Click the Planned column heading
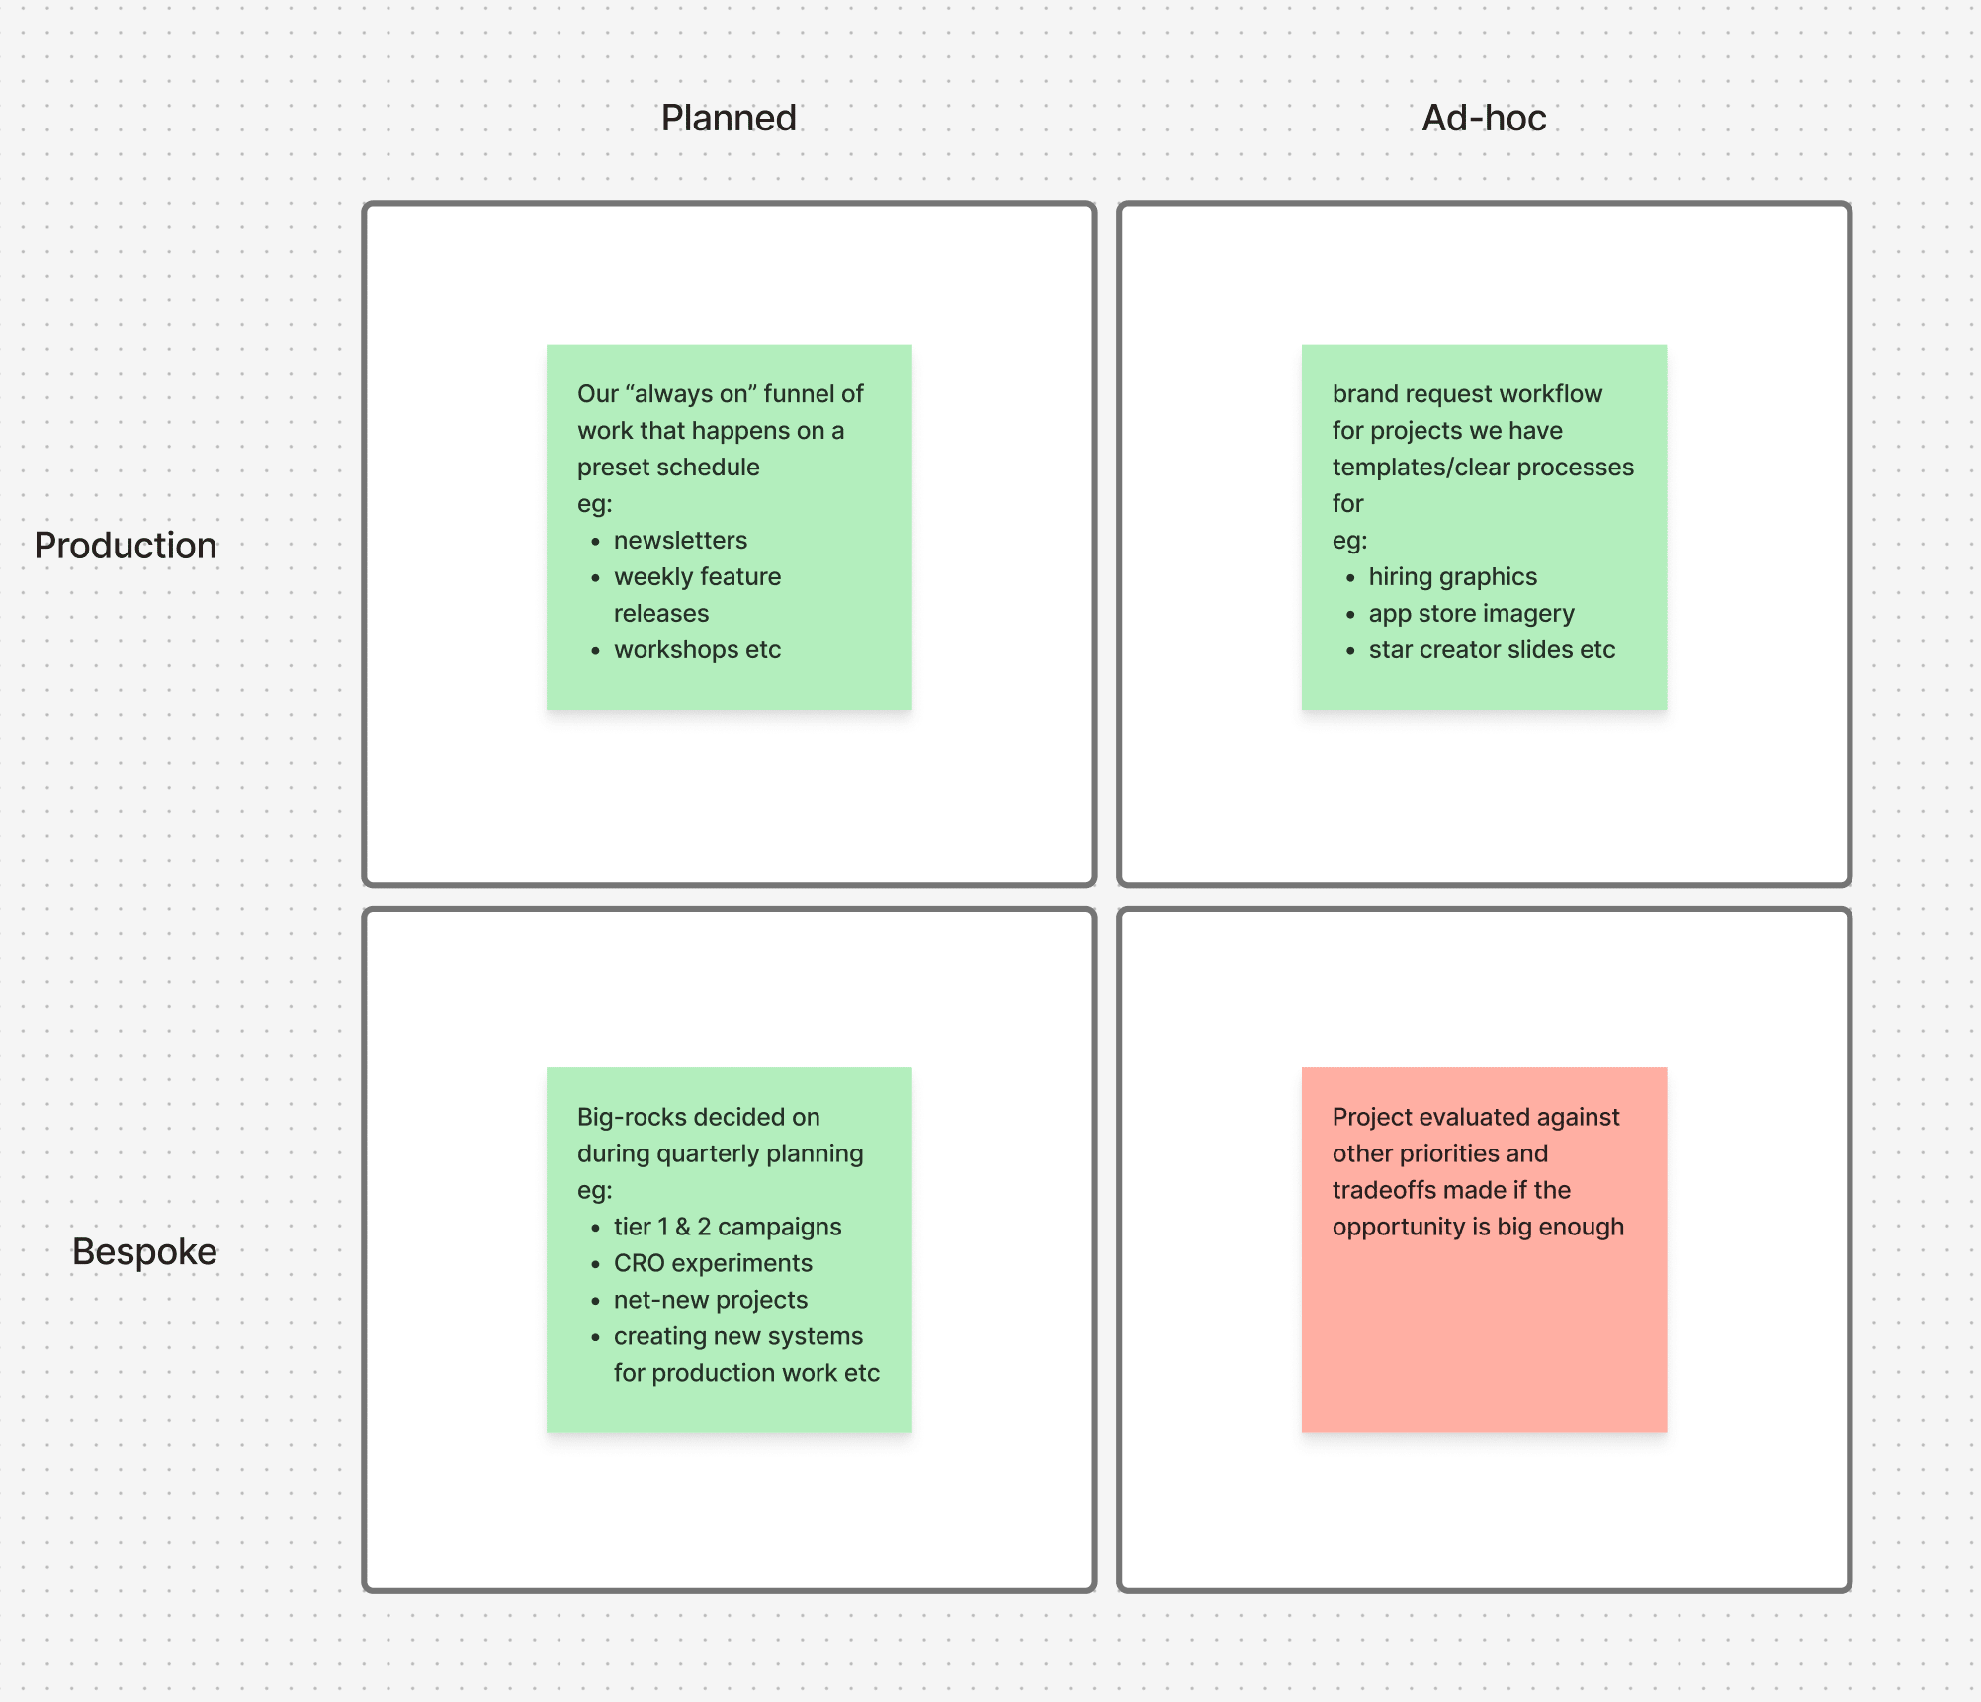pos(729,118)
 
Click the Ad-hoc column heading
pos(1483,118)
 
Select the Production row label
pos(126,546)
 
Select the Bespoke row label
pos(144,1251)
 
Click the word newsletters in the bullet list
pos(680,540)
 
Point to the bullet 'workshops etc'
pos(697,649)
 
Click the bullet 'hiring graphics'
pos(1452,576)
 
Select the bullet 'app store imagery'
pos(1471,613)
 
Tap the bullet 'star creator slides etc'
pos(1491,649)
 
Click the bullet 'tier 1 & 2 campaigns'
pos(727,1227)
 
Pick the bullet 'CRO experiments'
pos(712,1263)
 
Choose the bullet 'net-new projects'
pos(710,1300)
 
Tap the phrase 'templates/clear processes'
pos(1482,467)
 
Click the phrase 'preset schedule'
pos(668,467)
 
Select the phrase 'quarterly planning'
pos(759,1153)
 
